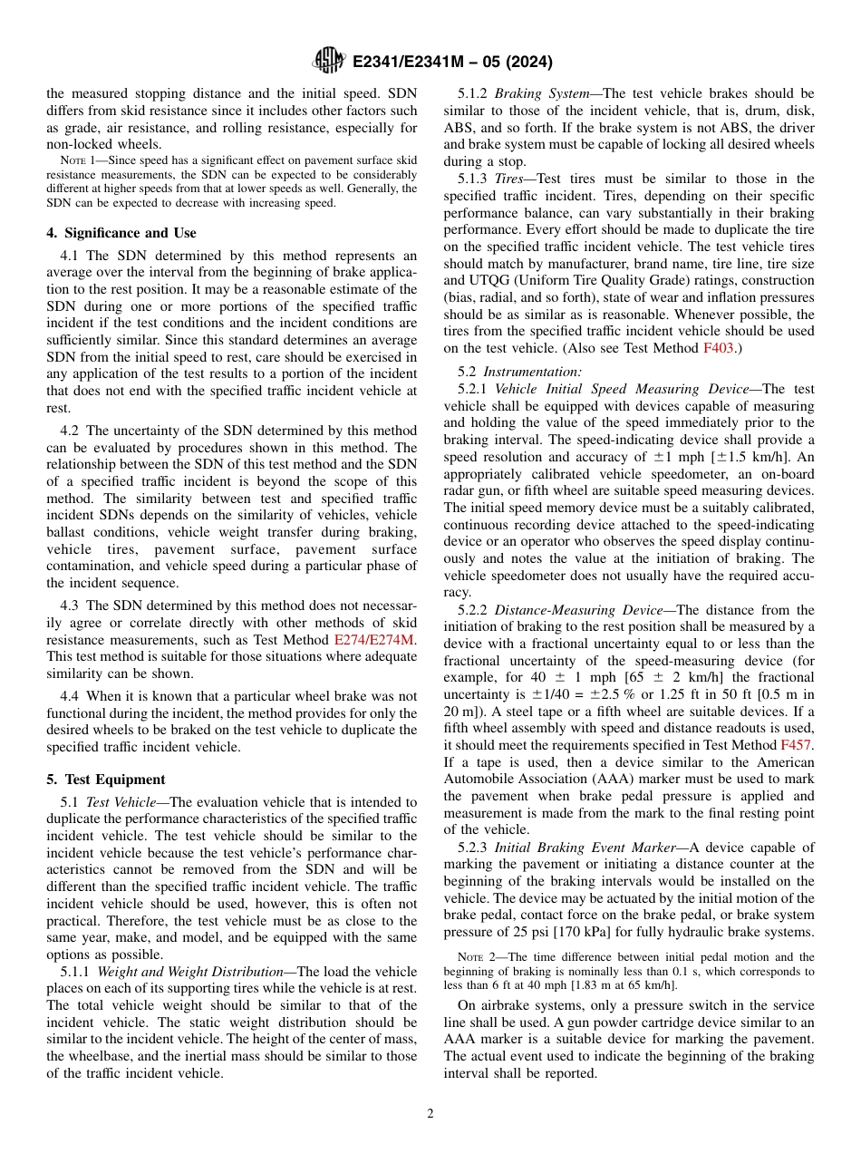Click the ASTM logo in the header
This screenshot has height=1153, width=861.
click(328, 61)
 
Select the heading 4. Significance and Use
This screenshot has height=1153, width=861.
click(121, 233)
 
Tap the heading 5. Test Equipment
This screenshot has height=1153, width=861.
click(105, 780)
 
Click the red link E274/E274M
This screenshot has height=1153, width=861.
click(374, 640)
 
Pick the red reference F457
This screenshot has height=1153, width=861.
click(796, 745)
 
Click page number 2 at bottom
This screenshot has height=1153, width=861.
click(430, 1114)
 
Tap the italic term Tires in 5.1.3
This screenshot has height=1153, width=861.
click(509, 179)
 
